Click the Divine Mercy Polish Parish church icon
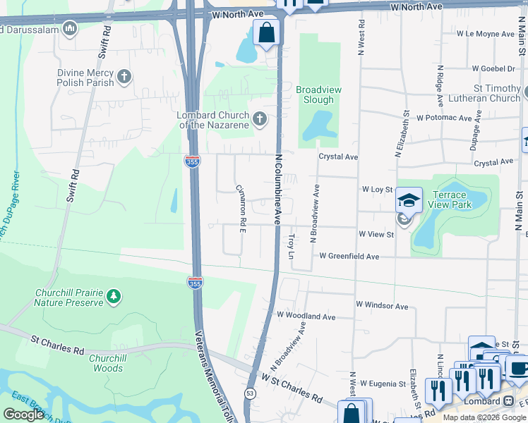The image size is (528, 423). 124,76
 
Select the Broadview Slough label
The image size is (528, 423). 314,94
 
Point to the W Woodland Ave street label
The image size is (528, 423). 306,317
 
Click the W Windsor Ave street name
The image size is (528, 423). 382,306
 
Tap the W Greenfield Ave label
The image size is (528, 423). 349,257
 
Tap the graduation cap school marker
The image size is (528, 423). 409,200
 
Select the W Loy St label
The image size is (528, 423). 377,190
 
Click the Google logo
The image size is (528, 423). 24,415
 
